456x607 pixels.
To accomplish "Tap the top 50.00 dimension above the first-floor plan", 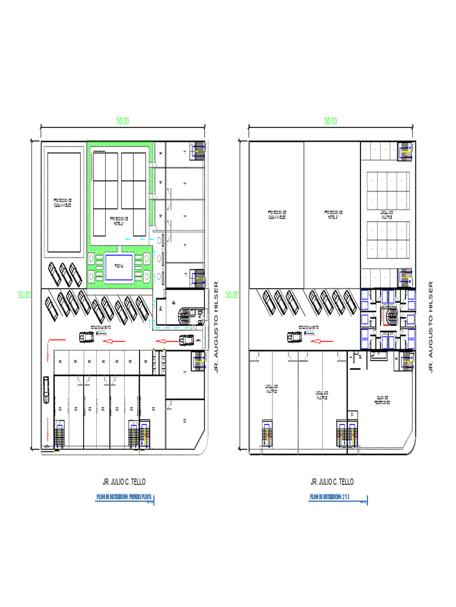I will [123, 120].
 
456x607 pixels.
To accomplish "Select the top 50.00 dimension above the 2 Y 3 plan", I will [331, 120].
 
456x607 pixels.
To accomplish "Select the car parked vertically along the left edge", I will [46, 389].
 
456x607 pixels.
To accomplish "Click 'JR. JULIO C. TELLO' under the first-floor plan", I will [124, 481].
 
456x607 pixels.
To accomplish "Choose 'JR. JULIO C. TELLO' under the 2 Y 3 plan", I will [331, 481].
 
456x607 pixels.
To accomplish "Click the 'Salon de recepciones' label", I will [382, 401].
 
